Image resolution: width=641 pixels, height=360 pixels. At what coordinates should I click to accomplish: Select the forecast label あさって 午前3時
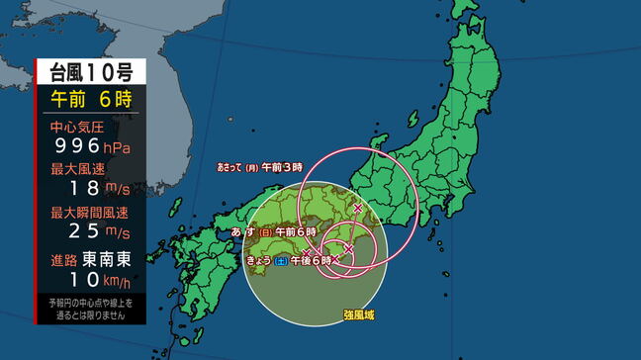click(x=259, y=168)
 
